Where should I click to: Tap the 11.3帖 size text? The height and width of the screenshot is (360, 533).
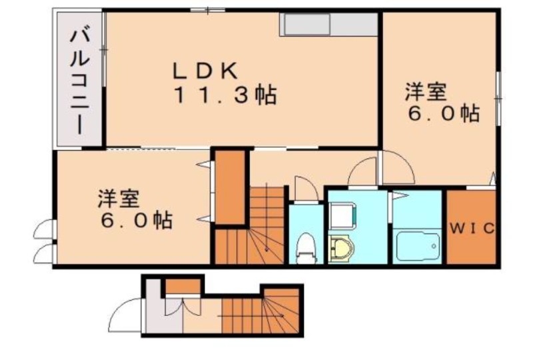[x=225, y=95]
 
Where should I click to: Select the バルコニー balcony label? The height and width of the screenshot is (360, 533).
[x=79, y=78]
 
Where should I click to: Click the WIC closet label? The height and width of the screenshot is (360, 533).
[x=471, y=228]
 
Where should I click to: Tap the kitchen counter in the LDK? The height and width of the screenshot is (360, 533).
[x=329, y=25]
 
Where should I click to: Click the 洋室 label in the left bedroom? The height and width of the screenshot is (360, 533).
[x=119, y=198]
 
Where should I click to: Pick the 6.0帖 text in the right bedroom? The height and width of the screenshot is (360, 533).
[x=443, y=113]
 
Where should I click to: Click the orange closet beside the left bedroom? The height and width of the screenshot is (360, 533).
[x=229, y=187]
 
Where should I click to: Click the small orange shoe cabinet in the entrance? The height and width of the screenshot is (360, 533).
[x=182, y=286]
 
